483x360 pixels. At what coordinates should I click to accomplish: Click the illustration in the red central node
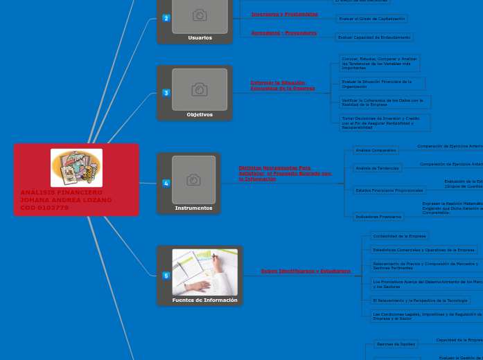click(76, 168)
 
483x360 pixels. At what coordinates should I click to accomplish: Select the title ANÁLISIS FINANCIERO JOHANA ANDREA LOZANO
click(66, 199)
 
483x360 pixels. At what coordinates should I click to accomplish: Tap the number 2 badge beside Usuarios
click(166, 18)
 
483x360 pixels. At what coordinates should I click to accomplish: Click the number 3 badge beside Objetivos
click(166, 93)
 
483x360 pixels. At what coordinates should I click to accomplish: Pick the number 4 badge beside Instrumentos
click(166, 183)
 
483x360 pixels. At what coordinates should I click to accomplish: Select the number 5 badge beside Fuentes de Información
click(166, 276)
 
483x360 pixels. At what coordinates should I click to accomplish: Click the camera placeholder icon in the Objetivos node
click(200, 89)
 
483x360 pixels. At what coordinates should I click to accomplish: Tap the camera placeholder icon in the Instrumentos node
click(194, 180)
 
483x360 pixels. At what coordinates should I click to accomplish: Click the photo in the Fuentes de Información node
click(204, 272)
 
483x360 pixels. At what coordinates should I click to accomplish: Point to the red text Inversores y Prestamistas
click(284, 14)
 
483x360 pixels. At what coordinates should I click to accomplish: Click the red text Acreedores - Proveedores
click(283, 33)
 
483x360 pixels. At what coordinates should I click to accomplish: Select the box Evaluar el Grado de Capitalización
click(371, 19)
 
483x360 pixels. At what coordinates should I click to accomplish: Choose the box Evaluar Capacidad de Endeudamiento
click(374, 37)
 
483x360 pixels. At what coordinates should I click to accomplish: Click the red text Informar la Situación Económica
click(283, 85)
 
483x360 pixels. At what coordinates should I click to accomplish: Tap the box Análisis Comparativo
click(376, 150)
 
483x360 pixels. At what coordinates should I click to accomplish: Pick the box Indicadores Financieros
click(378, 217)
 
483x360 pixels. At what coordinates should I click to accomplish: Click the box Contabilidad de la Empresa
click(399, 236)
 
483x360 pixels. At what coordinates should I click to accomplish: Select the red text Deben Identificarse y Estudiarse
click(306, 271)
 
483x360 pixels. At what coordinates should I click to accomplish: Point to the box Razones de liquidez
click(396, 344)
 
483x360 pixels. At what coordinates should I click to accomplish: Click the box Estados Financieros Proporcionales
click(389, 190)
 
